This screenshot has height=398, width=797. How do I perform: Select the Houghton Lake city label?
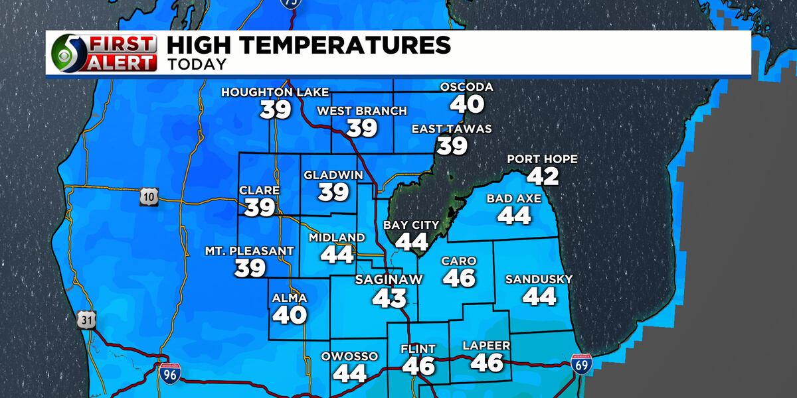(x=275, y=92)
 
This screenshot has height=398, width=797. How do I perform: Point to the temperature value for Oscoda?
(x=467, y=103)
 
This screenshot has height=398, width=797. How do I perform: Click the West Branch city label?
(x=362, y=111)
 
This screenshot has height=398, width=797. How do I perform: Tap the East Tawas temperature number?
(x=452, y=145)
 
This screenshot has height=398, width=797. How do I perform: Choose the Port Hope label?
(x=542, y=159)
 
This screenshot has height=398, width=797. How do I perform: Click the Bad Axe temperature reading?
(x=514, y=216)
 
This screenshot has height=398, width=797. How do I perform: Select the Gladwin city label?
(x=333, y=175)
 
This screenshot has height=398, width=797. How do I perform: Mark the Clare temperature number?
(x=260, y=208)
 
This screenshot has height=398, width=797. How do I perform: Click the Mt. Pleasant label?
(x=250, y=251)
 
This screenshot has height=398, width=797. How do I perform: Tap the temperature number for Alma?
(x=290, y=314)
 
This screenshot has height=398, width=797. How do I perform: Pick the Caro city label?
(x=459, y=261)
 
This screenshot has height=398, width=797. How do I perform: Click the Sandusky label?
(x=539, y=279)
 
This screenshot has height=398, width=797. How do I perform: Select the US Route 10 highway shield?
(x=148, y=196)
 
